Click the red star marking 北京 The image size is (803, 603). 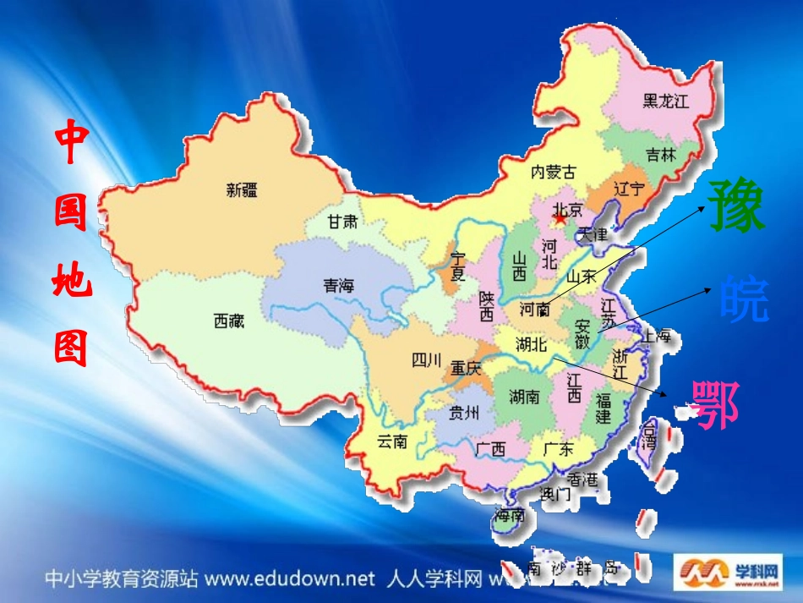pos(560,219)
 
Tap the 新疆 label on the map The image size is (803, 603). pos(243,190)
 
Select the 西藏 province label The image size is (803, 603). pos(228,321)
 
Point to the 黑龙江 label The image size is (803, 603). pos(666,101)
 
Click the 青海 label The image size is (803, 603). pos(338,286)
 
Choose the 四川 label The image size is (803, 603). pos(426,361)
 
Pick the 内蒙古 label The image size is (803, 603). pos(553,173)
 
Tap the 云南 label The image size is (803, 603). pos(392,441)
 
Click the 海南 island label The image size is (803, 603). pos(511,515)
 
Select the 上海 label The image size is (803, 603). pos(655,336)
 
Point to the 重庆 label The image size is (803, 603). pos(466,369)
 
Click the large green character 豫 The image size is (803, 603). pos(737,206)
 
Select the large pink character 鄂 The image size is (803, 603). pos(715,403)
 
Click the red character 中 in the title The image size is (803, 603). pos(72,145)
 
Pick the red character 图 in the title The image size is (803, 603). pos(72,347)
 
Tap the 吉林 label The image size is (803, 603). pos(661,156)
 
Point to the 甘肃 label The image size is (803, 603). pos(343,222)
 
